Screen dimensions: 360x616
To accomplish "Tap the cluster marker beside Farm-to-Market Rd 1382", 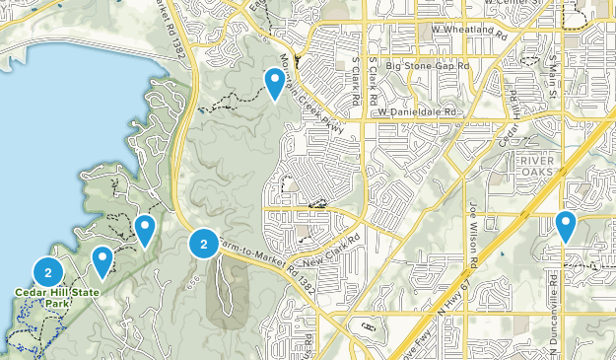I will coord(203,242).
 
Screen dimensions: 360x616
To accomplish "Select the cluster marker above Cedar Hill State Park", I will coord(48,270).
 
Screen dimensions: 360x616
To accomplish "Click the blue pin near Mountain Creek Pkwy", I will coord(275,83).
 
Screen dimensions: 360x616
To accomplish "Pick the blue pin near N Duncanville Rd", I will coord(566,226).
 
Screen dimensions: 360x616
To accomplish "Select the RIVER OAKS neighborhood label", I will coord(537,167).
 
